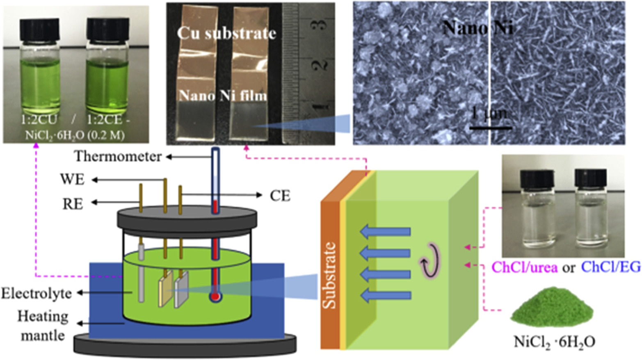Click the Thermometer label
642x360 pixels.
point(117,157)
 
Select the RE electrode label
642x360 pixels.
point(72,203)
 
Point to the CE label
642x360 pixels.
point(280,196)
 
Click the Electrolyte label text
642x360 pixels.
point(36,294)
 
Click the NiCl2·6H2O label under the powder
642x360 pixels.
point(554,341)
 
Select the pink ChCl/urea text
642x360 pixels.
point(524,267)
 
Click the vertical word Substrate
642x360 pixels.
point(329,275)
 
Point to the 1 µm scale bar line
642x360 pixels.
point(491,128)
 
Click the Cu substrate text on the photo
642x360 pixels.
point(226,33)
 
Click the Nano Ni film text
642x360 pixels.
point(223,96)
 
